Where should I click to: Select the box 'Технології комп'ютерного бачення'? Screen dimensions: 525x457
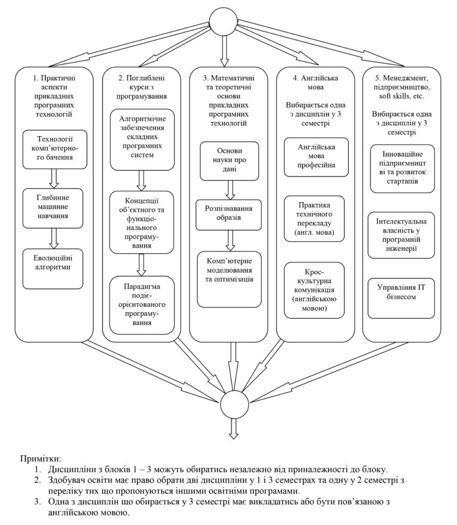(x=54, y=149)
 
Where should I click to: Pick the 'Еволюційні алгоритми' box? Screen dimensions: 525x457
(x=54, y=267)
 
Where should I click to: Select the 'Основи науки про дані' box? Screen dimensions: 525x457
(x=230, y=161)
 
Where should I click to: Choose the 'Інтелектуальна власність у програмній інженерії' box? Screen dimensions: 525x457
(x=403, y=232)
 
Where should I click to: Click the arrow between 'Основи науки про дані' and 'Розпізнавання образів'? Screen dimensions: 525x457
(x=230, y=189)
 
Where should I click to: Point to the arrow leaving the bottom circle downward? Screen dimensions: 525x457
(x=230, y=429)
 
